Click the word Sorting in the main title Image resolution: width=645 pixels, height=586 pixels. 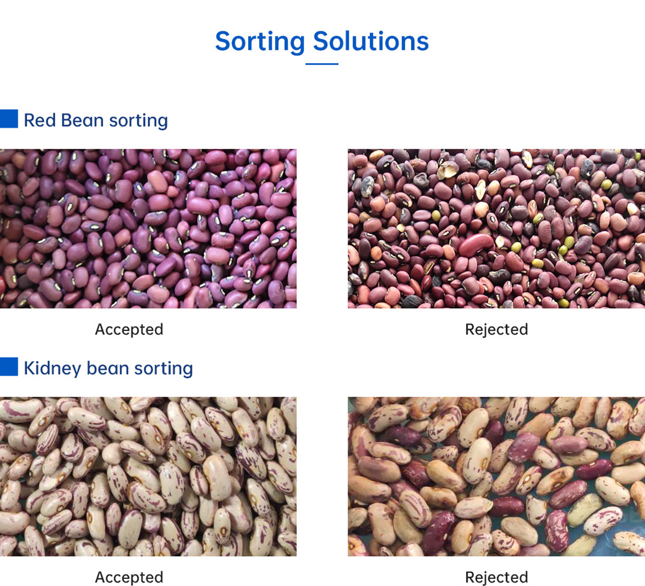click(260, 42)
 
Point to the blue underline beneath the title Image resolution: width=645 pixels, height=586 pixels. click(322, 64)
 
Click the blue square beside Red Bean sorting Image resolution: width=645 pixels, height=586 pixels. click(9, 119)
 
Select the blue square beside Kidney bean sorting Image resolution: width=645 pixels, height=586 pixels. click(9, 367)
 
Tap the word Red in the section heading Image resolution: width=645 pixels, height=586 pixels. click(39, 121)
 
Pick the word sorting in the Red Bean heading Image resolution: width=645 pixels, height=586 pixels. click(138, 121)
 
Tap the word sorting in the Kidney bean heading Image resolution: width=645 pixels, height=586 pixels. click(164, 369)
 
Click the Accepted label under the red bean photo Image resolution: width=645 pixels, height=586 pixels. click(129, 329)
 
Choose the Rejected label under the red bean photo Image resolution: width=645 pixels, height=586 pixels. click(497, 330)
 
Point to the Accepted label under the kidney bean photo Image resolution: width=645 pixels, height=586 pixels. click(129, 577)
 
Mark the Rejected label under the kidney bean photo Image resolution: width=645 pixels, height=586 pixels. click(497, 578)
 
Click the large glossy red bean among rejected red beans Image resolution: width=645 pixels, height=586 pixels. click(476, 244)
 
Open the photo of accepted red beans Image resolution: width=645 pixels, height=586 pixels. click(148, 229)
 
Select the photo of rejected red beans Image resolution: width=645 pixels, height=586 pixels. click(497, 229)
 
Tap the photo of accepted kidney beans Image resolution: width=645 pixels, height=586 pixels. click(148, 476)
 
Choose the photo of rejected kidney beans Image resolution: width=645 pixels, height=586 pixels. click(497, 476)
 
